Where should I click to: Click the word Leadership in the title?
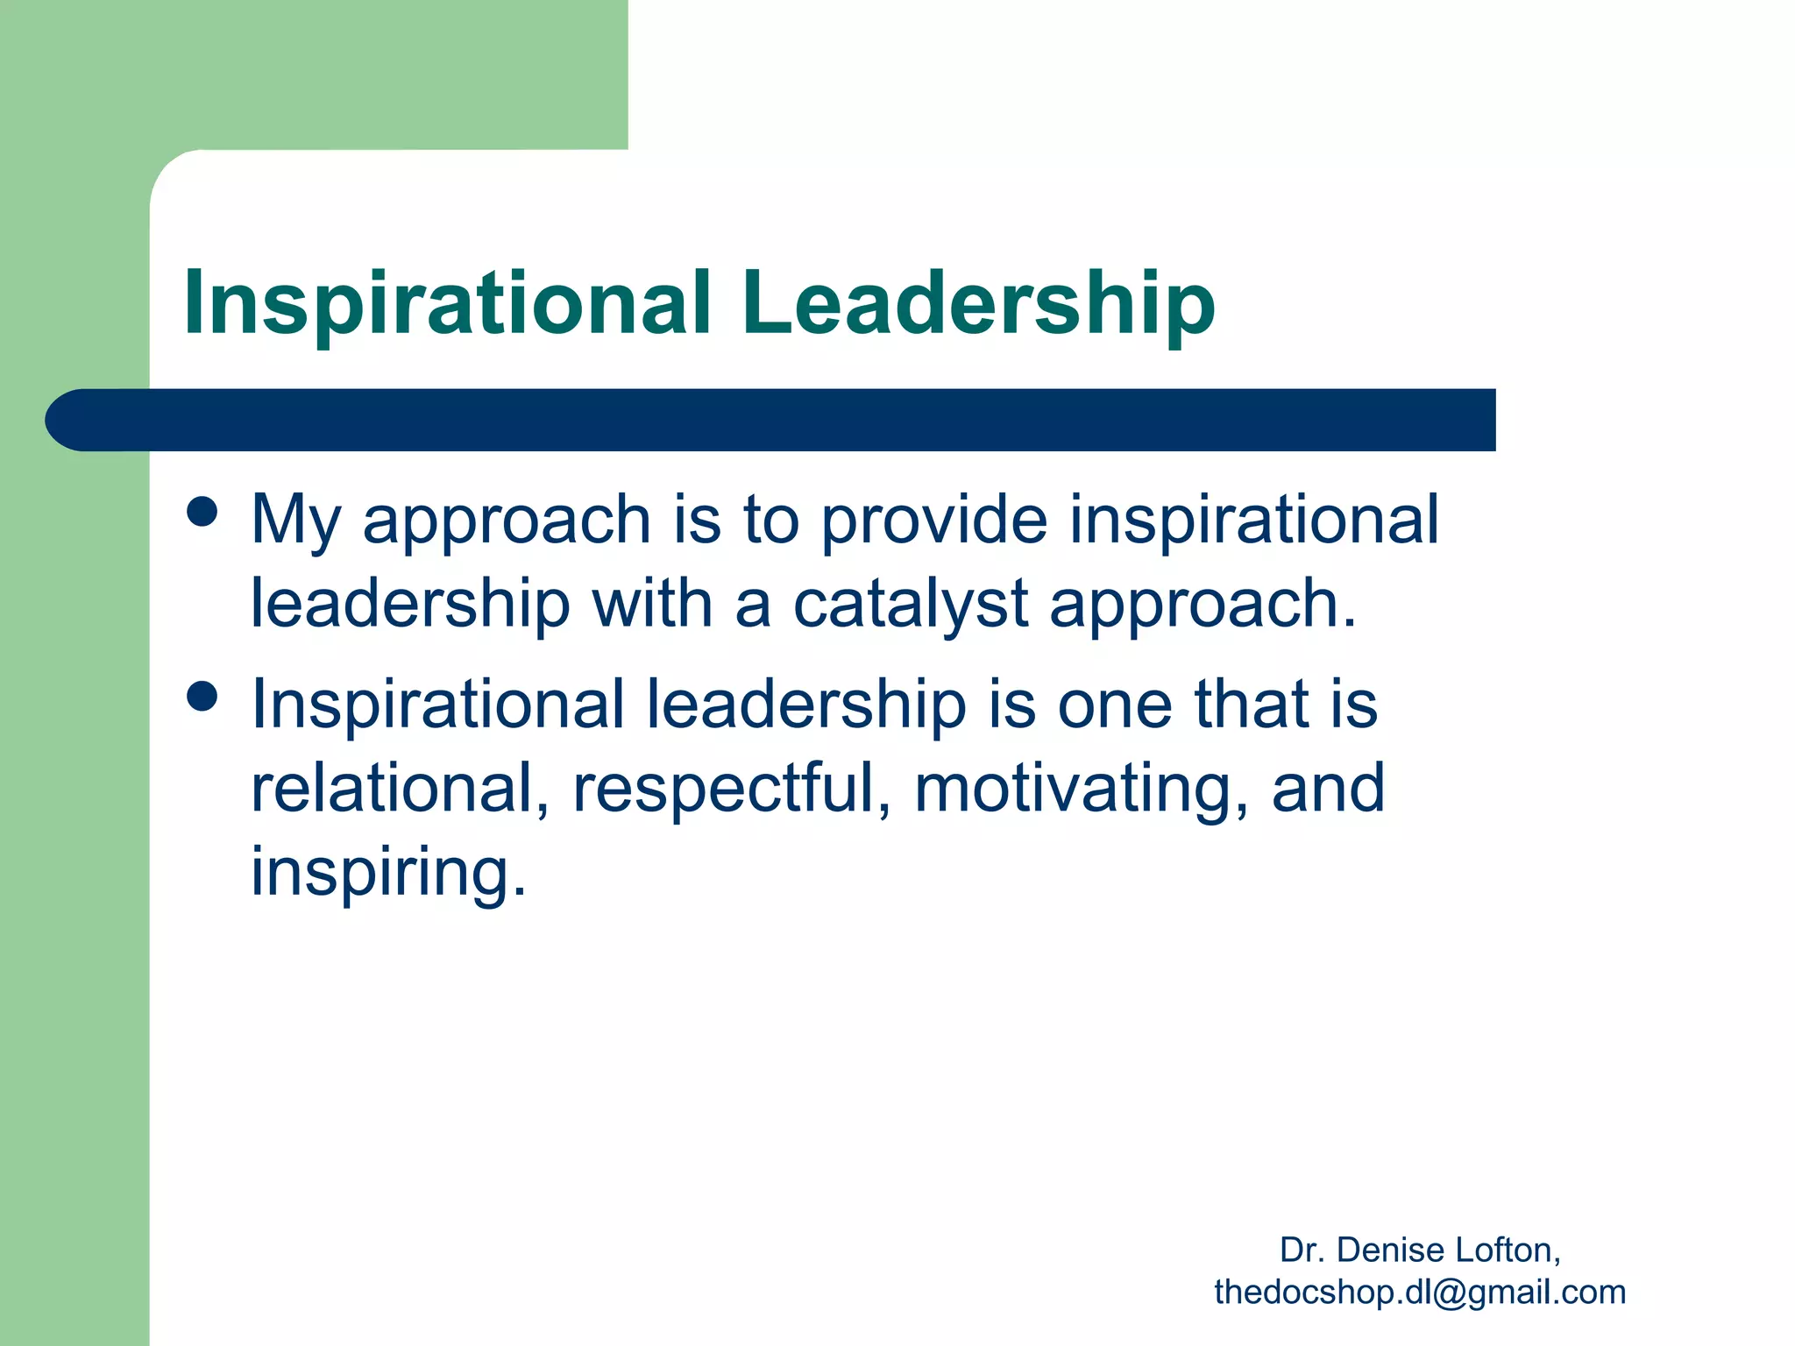978,303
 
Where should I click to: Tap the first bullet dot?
202,512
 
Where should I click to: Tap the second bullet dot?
202,698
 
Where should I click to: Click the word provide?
933,521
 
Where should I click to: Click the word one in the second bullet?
1114,705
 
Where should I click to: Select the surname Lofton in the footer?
1508,1250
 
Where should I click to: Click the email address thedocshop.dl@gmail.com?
1420,1293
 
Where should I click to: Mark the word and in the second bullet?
1329,789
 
